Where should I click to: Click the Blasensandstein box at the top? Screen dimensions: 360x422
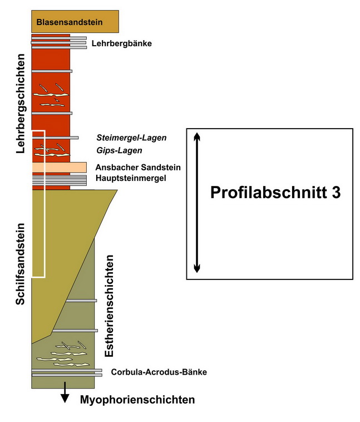pos(75,22)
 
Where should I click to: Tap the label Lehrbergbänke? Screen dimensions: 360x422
pos(122,43)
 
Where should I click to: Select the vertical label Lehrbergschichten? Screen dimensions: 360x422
pos(21,104)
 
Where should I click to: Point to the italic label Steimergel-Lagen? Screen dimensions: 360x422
pos(131,138)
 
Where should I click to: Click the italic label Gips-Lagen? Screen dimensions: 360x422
pos(119,150)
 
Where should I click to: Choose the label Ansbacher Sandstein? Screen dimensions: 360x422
pos(138,168)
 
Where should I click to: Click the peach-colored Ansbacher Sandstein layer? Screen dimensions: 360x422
pos(59,167)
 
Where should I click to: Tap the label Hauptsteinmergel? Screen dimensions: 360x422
pos(131,178)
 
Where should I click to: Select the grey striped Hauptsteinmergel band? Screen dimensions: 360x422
pos(59,180)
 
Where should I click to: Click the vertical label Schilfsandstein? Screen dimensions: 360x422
pos(21,264)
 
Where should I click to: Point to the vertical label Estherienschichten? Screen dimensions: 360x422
pos(109,306)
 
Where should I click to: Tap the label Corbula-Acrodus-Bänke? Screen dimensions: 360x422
pos(159,372)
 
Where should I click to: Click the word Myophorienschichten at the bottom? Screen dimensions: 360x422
pos(137,400)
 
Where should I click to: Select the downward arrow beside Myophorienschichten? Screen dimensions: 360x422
pos(65,392)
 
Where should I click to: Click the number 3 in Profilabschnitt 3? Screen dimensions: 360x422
pos(336,193)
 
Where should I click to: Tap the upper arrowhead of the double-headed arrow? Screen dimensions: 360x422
pos(197,136)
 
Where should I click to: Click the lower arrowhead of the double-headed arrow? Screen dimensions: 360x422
pos(197,268)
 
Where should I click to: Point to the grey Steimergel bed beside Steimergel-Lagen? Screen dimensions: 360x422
pos(55,138)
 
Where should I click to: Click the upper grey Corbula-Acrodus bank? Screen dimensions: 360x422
pos(67,370)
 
